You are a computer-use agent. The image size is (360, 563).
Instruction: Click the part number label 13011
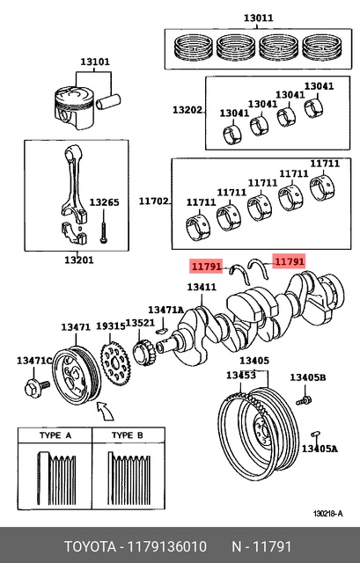(x=258, y=17)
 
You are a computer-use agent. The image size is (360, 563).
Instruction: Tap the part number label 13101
(x=94, y=62)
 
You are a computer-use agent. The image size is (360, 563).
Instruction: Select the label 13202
(x=187, y=110)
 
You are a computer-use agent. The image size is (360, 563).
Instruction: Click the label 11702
(x=154, y=201)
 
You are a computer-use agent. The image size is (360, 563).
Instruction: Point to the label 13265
(x=104, y=202)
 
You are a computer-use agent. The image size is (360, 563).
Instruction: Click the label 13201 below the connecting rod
(x=78, y=260)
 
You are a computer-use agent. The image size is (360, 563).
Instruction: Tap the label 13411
(x=202, y=287)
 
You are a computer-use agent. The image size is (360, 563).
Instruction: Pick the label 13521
(x=140, y=323)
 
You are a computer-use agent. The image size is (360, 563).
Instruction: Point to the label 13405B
(x=309, y=377)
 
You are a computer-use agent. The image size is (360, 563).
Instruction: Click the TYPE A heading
(x=55, y=436)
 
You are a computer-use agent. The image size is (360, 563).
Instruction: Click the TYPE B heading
(x=123, y=436)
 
